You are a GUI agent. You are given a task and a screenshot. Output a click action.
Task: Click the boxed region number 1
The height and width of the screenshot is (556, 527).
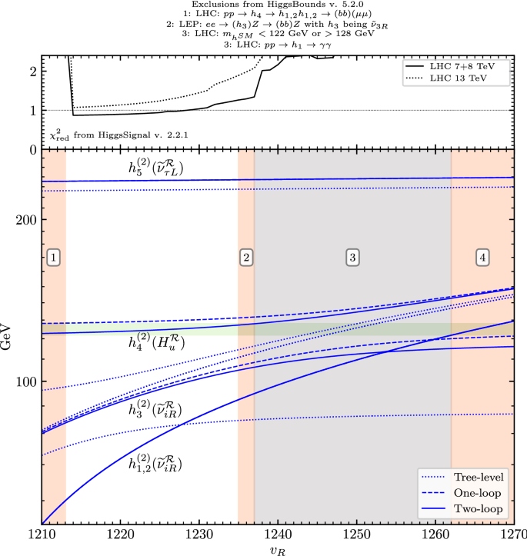(53, 258)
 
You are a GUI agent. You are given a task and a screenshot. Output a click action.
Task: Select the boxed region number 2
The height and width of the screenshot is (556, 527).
(246, 258)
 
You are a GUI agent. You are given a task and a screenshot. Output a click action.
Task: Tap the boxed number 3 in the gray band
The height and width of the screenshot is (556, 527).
(352, 258)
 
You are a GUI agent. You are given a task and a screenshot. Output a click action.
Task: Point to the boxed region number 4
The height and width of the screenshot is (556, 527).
(482, 258)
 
